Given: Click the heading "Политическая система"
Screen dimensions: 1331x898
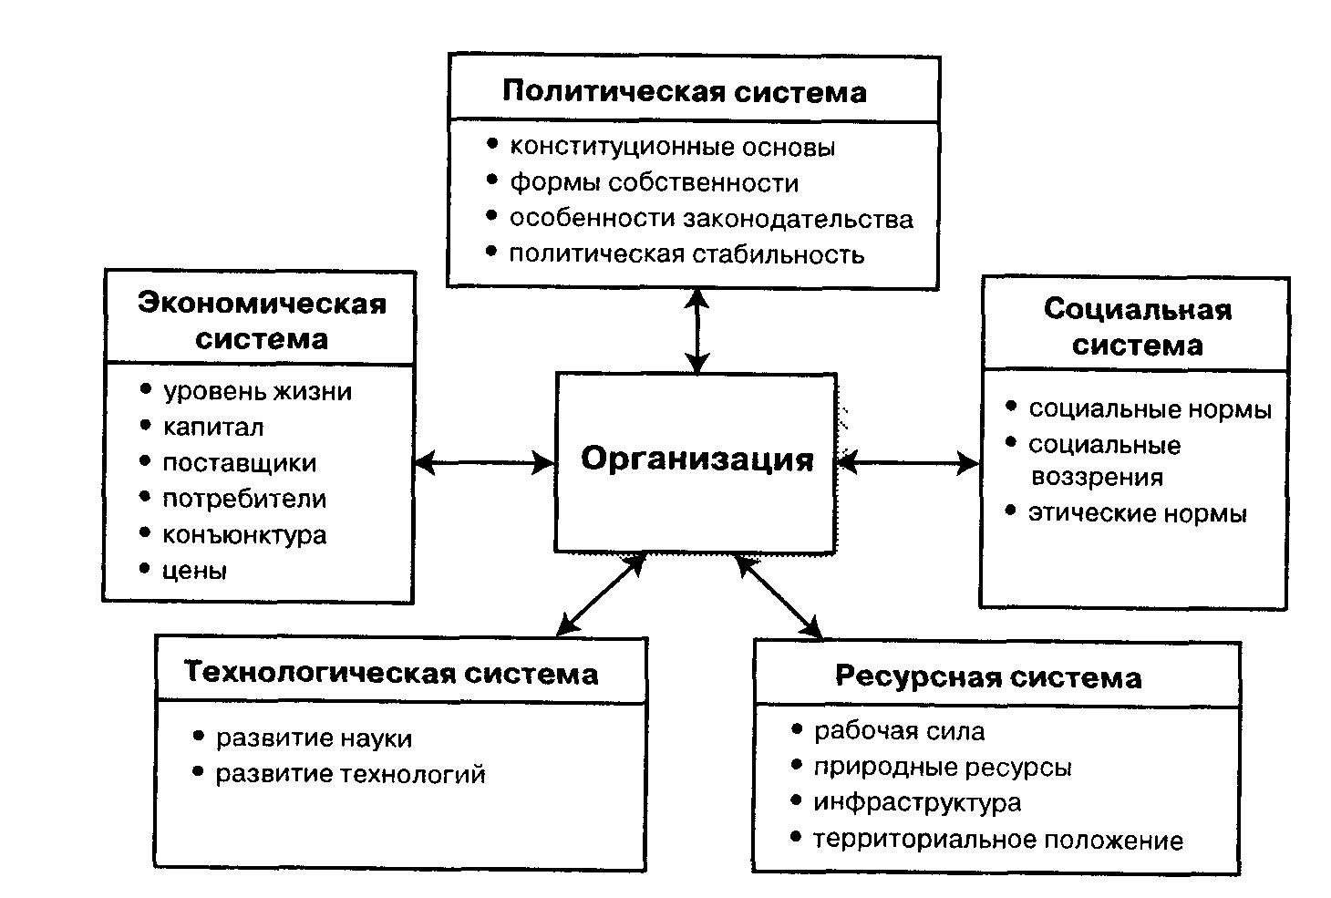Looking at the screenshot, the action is (685, 92).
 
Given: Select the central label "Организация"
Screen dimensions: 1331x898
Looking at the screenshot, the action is (697, 459).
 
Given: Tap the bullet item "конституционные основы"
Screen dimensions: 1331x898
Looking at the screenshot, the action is (672, 147).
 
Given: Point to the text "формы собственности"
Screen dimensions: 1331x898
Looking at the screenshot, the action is (655, 183).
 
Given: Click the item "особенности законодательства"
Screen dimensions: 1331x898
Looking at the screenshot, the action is (711, 219).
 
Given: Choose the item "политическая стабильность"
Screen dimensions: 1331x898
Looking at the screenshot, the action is (686, 254).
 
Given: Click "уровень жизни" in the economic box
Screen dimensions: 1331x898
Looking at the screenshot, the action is (257, 392).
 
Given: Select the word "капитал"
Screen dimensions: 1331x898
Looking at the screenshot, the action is (213, 428).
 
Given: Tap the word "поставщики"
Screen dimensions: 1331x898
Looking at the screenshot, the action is (240, 463).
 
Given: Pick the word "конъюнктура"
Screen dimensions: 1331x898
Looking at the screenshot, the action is (244, 535).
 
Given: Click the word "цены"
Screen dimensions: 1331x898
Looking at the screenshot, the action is (194, 571).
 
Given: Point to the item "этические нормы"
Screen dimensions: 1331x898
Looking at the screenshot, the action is (1138, 513).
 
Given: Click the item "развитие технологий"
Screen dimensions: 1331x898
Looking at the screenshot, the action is (350, 774).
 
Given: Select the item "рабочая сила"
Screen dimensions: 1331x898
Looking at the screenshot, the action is (899, 731).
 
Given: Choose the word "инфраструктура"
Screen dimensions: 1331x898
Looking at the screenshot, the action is (917, 803).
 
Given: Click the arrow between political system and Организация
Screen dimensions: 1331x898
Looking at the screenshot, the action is (697, 332).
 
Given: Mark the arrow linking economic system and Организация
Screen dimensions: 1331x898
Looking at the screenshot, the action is (485, 463).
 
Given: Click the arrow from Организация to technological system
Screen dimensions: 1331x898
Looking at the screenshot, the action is (602, 594).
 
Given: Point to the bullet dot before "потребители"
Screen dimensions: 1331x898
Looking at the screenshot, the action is (145, 496).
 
